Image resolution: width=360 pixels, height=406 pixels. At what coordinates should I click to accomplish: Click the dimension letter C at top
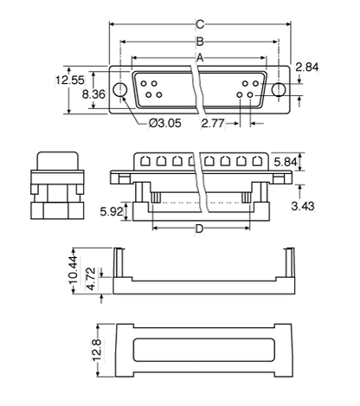pos(201,23)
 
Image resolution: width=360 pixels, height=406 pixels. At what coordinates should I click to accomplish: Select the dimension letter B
pos(201,41)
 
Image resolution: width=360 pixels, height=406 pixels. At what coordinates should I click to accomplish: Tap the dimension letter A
pos(201,57)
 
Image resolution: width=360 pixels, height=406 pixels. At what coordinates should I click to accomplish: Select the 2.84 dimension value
pos(308,68)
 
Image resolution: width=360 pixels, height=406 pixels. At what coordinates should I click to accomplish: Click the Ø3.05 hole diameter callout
pos(164,124)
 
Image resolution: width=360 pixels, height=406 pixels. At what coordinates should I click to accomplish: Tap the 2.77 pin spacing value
pos(214,124)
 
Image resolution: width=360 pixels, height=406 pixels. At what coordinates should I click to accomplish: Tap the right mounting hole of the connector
pos(278,89)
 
